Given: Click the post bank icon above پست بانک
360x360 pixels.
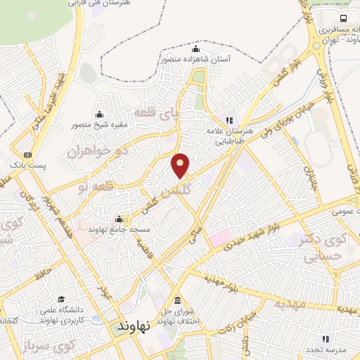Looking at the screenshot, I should [x=28, y=155].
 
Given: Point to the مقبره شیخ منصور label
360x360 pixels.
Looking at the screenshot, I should [x=98, y=125].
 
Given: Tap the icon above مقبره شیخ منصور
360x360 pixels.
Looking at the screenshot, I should [x=98, y=115].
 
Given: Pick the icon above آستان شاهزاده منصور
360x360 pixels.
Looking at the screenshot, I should [x=195, y=49].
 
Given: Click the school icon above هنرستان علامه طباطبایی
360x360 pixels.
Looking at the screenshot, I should [x=229, y=120].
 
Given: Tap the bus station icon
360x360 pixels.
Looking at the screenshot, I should [x=343, y=18].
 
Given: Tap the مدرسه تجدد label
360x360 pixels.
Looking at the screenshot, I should [x=323, y=349].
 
